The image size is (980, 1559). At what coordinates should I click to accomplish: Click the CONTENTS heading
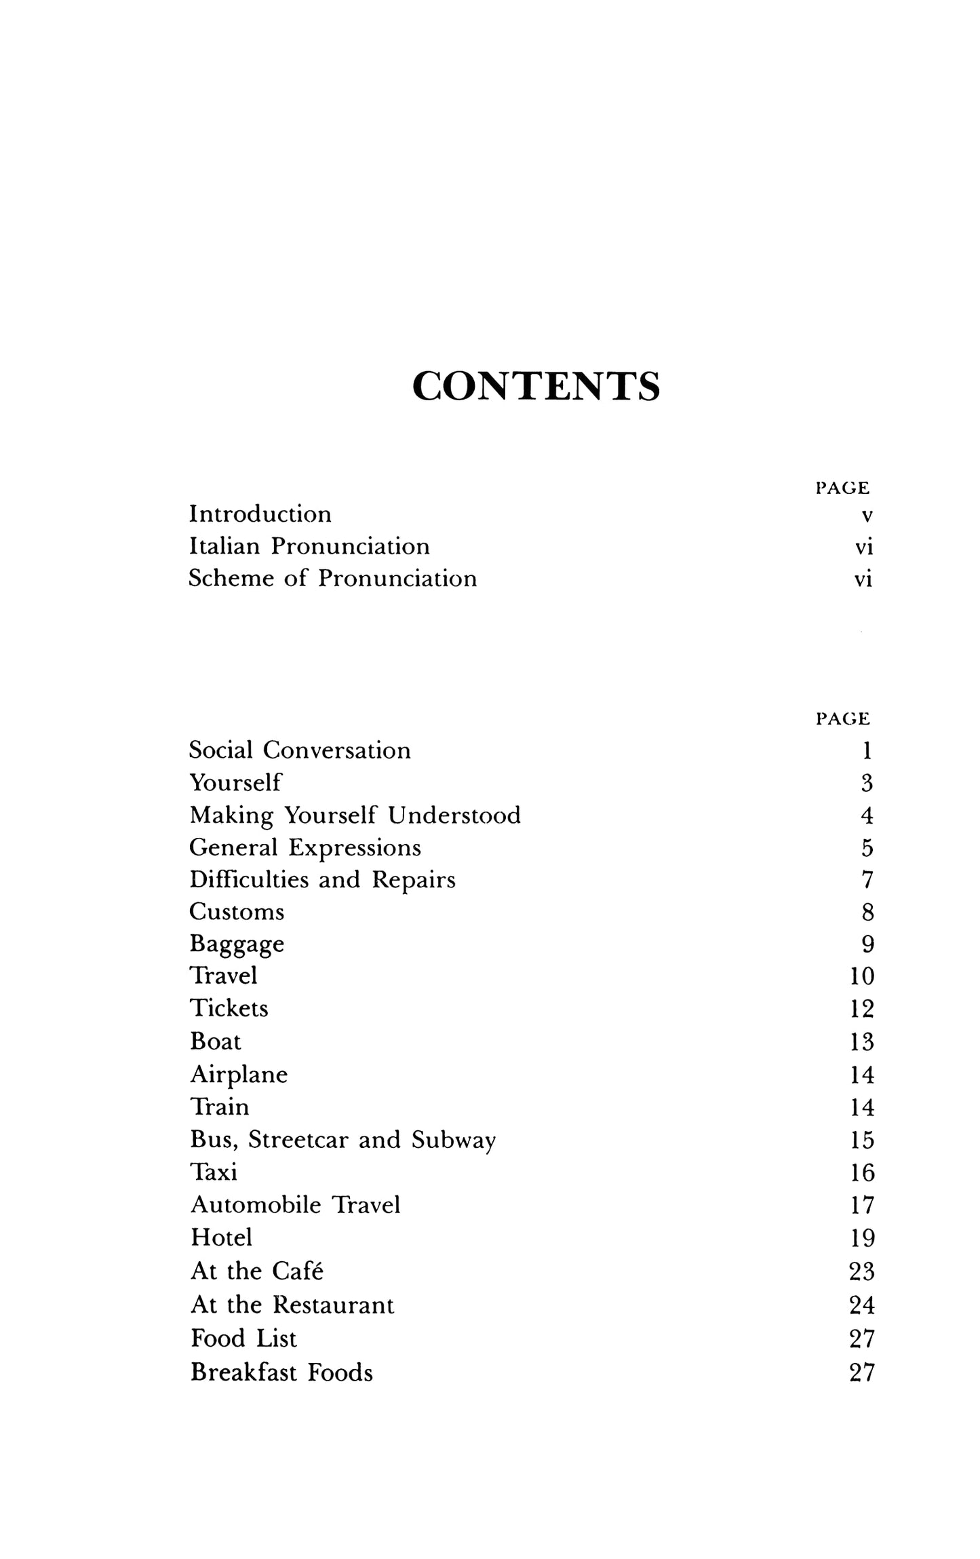click(536, 387)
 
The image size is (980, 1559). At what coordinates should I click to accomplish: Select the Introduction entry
click(260, 514)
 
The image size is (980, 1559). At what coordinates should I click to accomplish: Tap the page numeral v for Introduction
click(866, 516)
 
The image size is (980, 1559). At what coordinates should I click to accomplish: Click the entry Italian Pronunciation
click(309, 546)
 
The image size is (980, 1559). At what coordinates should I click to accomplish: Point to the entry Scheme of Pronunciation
click(333, 579)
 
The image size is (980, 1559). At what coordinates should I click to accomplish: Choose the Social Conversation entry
click(300, 750)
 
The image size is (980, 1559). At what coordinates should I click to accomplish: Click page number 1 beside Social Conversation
click(867, 750)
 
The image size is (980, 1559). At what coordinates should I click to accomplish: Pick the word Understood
click(454, 815)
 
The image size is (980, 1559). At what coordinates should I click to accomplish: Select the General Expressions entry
click(305, 847)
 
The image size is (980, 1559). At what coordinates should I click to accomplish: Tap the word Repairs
click(414, 880)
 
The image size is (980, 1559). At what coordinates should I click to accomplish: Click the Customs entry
click(237, 912)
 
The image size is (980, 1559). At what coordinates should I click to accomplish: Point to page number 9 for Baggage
click(867, 944)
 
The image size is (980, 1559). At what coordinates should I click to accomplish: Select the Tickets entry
click(229, 1009)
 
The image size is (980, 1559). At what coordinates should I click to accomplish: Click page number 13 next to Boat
click(862, 1042)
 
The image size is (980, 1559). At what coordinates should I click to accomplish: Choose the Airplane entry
click(239, 1075)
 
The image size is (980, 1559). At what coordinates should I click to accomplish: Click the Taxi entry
click(214, 1172)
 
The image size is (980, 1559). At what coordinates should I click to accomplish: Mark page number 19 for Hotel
click(862, 1238)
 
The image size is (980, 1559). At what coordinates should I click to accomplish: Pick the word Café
click(296, 1271)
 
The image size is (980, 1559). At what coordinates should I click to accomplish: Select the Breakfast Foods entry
click(281, 1372)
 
